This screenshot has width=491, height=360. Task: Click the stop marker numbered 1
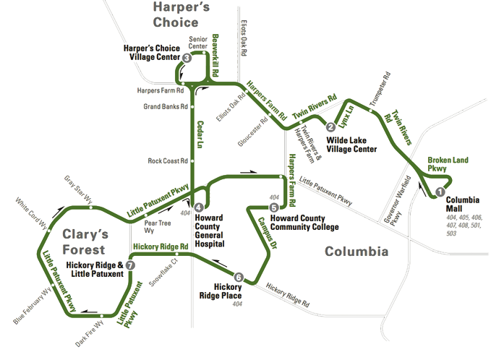[x=438, y=192]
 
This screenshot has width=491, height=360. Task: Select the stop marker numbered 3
[x=187, y=58]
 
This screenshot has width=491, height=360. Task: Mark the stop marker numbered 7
[x=129, y=265]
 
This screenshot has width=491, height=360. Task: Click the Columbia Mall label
[x=462, y=204]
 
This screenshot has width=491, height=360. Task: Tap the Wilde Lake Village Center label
[x=352, y=145]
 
